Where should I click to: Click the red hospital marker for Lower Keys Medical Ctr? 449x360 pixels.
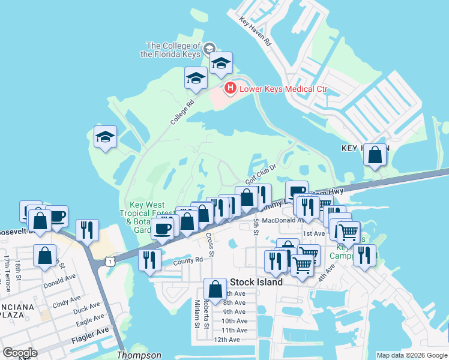coord(230,89)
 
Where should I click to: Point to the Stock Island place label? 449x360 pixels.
coord(256,282)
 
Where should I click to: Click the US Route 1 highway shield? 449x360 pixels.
coord(109,261)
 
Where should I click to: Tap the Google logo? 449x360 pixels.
coord(20,353)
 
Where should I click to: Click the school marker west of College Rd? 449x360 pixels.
coord(106,137)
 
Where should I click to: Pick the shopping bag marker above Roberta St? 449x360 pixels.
coord(215,289)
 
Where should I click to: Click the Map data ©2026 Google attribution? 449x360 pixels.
coord(411,355)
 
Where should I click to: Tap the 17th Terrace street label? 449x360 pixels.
coord(7,274)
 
